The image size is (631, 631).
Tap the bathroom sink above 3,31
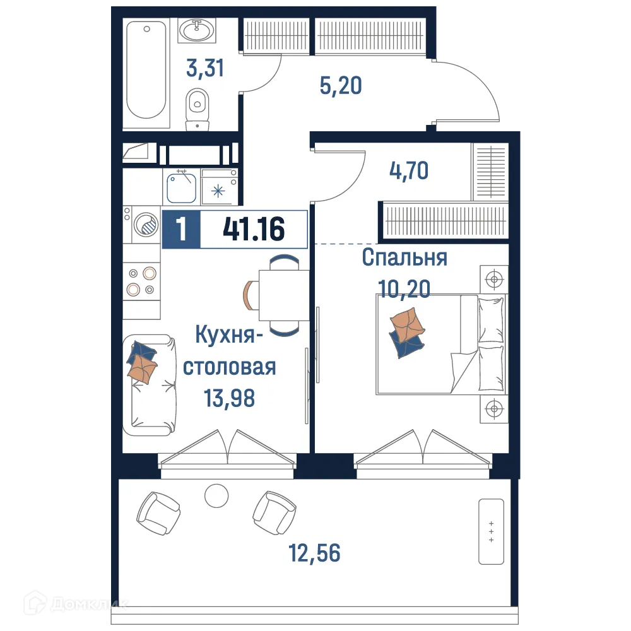pyautogui.click(x=198, y=30)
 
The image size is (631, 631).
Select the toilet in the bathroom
pyautogui.click(x=198, y=107)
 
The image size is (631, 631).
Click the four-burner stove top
pyautogui.click(x=141, y=281)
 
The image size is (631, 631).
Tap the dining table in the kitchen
pyautogui.click(x=284, y=295)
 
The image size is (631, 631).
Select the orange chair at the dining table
pyautogui.click(x=251, y=295)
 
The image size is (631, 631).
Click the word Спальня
pyautogui.click(x=404, y=258)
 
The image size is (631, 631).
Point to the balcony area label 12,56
pyautogui.click(x=314, y=553)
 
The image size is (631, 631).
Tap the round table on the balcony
pyautogui.click(x=216, y=495)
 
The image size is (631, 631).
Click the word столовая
pyautogui.click(x=230, y=367)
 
